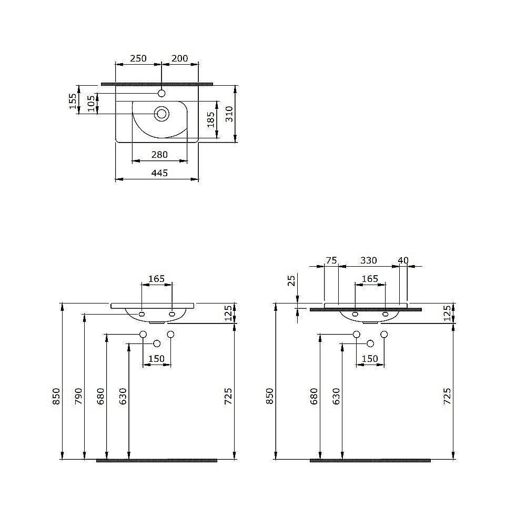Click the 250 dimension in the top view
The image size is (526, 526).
138,58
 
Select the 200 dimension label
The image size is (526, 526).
180,58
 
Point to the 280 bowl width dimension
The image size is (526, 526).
159,155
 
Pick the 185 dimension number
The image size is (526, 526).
210,120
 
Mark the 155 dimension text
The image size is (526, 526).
73,100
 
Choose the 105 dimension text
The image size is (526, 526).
90,104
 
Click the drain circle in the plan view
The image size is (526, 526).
161,113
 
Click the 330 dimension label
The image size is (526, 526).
368,260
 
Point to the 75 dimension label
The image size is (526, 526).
331,260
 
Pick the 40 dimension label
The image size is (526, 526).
403,260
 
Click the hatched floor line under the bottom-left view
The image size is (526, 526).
157,461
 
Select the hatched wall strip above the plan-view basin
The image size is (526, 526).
157,83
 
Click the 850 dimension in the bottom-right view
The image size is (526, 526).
270,395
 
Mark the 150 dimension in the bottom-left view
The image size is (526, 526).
157,359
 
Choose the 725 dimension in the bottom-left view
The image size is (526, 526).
228,395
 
